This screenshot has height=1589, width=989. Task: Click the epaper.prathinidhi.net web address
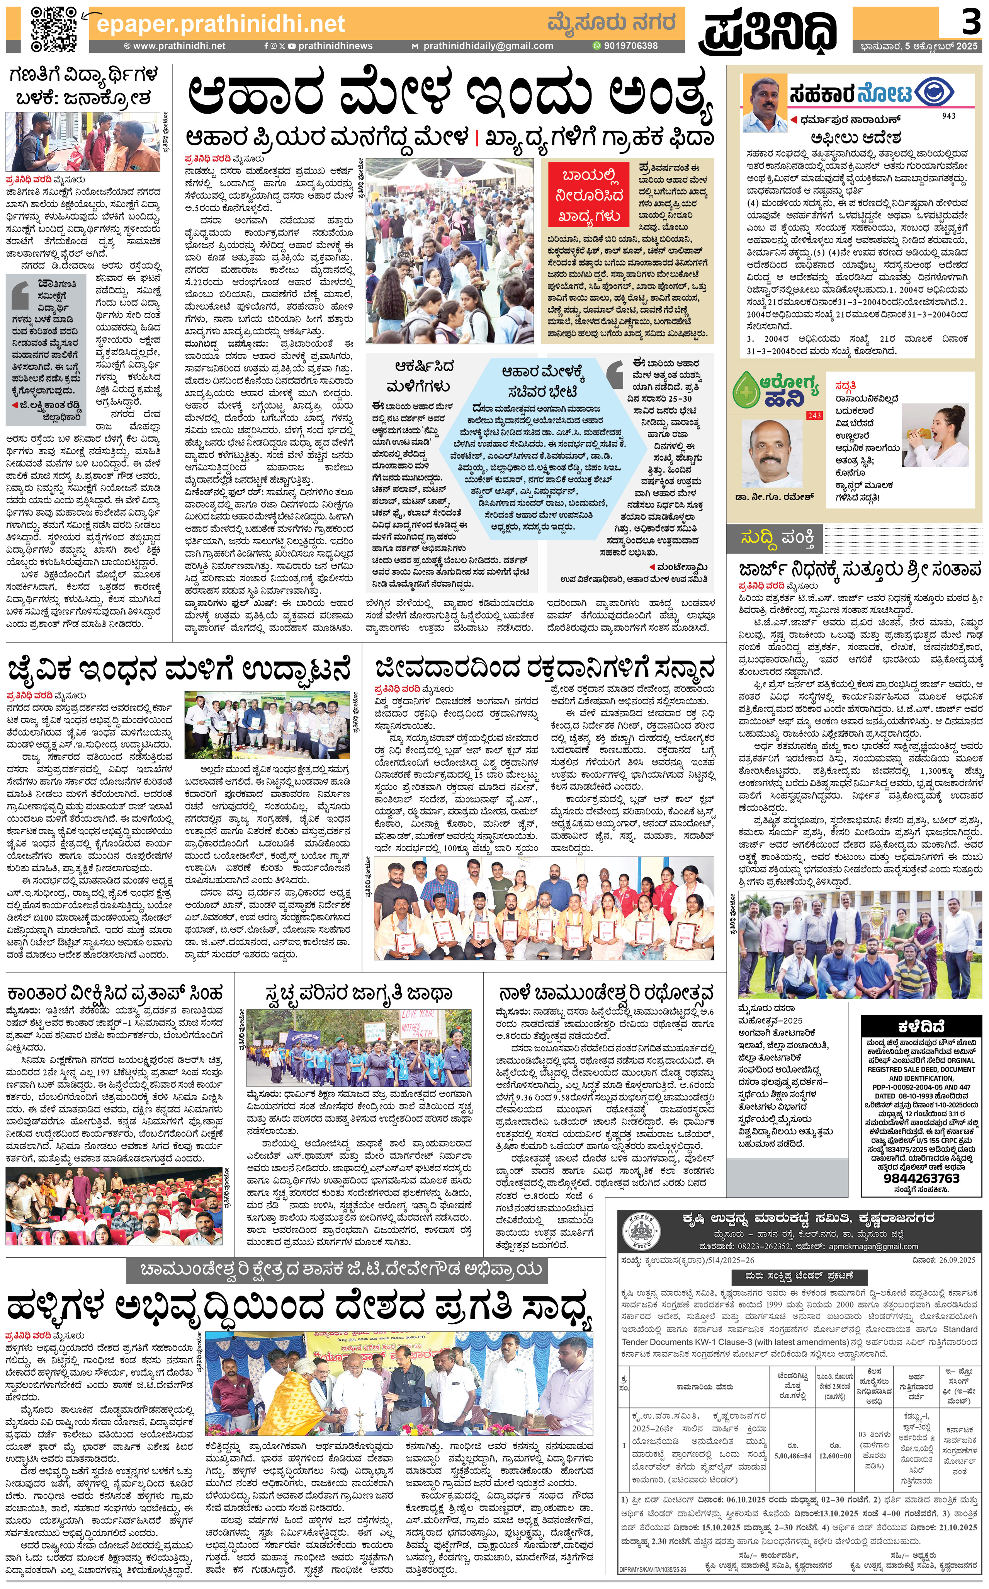pos(221,24)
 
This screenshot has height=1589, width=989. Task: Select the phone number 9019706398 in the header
pos(630,46)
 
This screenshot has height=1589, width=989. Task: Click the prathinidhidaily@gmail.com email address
pos(487,46)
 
